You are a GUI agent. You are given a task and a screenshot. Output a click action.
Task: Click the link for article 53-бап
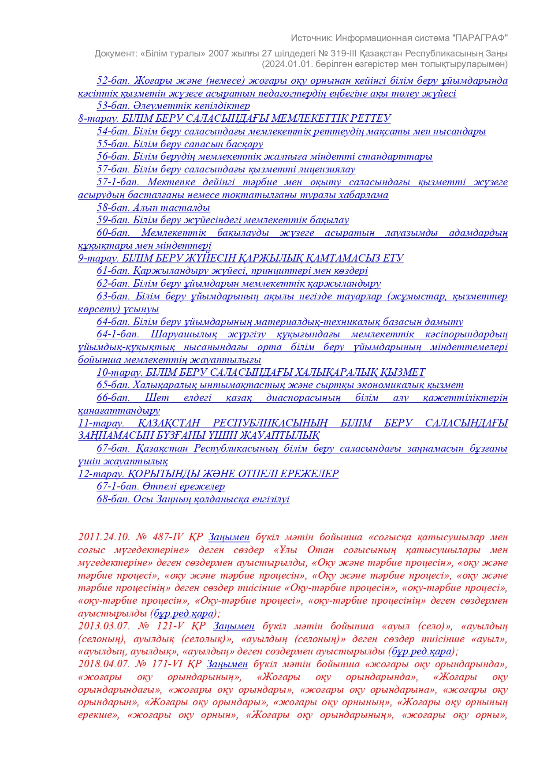173,106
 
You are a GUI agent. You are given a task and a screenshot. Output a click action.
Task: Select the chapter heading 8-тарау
234,119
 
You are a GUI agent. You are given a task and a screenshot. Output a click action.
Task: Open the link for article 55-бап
180,144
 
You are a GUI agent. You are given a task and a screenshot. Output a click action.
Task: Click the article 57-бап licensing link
226,169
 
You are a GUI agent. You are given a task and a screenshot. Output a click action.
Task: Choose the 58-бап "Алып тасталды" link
153,208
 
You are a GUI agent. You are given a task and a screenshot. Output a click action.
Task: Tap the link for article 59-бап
223,220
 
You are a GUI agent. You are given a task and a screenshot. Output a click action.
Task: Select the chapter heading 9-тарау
241,258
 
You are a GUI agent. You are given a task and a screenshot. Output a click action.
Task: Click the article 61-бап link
232,271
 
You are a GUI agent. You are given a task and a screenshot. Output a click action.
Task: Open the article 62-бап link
238,284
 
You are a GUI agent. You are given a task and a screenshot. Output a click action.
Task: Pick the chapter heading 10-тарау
261,373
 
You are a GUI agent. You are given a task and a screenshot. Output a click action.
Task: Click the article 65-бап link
280,385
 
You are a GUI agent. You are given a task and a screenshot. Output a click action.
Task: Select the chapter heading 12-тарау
208,474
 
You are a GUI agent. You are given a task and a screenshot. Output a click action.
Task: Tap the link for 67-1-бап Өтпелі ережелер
161,486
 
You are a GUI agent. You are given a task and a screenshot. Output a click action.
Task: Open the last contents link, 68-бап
193,499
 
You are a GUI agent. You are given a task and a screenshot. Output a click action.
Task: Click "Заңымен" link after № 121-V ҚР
234,626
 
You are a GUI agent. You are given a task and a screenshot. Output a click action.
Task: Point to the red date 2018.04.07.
104,664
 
